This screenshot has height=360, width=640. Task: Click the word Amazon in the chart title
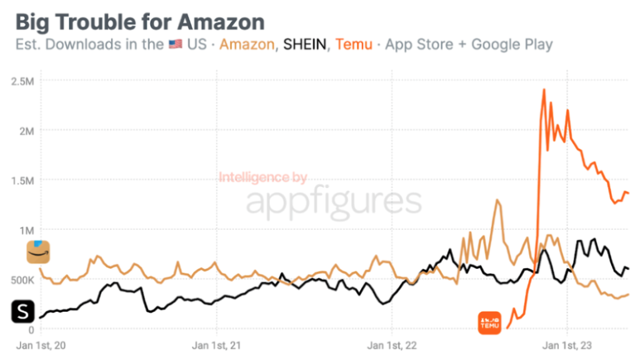tap(221, 22)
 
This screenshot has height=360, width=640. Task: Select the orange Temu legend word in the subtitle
tap(354, 44)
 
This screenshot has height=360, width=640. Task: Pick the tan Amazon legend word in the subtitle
tap(247, 44)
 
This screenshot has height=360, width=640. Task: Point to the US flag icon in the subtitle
tap(176, 45)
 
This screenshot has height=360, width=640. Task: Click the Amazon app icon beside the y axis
tap(37, 252)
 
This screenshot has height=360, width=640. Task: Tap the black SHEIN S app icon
tap(23, 311)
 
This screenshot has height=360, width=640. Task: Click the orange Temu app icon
tap(489, 321)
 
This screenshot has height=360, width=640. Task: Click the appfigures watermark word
tap(334, 202)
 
